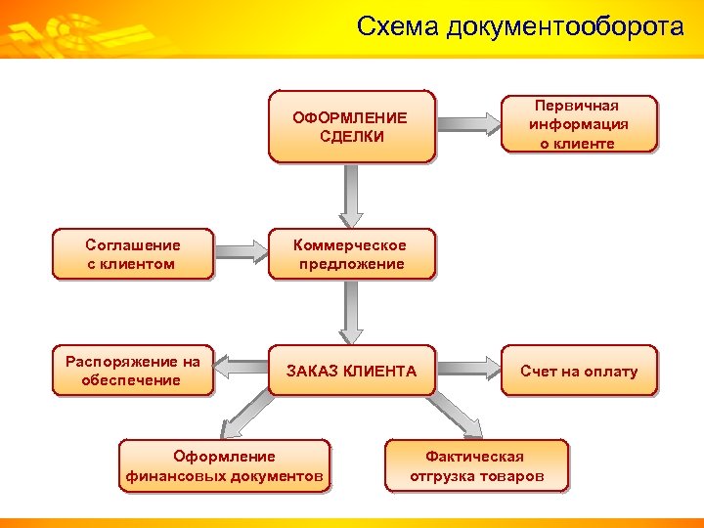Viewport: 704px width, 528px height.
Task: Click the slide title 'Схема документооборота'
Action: (520, 26)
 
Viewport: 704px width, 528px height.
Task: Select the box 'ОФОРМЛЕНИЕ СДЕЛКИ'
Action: (351, 127)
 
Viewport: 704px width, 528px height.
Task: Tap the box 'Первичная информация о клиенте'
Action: (579, 124)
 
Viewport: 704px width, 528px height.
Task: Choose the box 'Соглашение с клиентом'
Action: (132, 254)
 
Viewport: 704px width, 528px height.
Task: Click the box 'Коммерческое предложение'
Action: (351, 254)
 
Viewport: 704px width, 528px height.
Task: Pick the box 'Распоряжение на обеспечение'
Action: (132, 371)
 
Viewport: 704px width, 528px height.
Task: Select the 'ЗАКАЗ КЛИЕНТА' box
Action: (351, 371)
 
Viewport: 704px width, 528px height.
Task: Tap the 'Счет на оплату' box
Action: (579, 371)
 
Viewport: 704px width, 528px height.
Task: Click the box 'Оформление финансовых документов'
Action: (224, 466)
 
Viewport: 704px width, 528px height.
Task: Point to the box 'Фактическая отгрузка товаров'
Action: (475, 466)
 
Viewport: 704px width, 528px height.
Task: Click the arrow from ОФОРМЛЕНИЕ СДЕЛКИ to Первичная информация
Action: (468, 124)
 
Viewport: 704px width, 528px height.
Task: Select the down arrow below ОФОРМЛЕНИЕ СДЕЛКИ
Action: (351, 196)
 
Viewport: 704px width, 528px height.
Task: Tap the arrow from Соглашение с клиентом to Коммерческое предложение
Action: (241, 253)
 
